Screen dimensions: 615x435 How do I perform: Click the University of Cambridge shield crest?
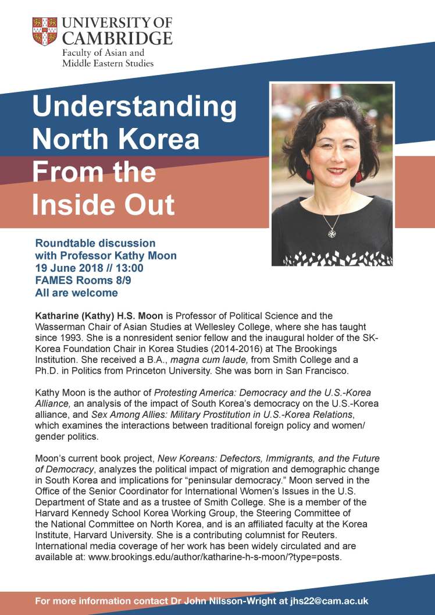tap(44, 31)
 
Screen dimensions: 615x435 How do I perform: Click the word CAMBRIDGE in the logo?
tap(117, 38)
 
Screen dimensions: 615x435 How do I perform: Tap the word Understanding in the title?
tap(134, 108)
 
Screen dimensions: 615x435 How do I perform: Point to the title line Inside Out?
tap(104, 205)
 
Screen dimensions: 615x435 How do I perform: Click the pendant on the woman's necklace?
tap(331, 233)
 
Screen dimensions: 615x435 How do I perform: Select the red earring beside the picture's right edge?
tap(359, 173)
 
